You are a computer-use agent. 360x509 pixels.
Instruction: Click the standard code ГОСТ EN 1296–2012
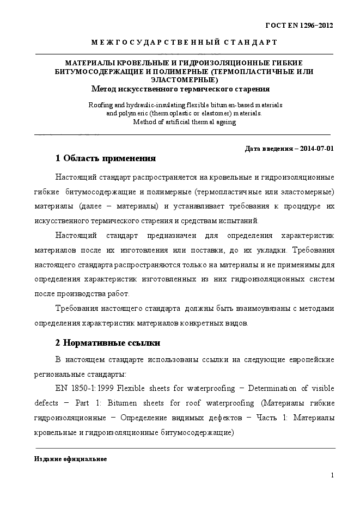pyautogui.click(x=298, y=25)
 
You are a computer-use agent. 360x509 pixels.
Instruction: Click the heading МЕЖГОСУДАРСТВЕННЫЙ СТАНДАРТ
pyautogui.click(x=184, y=42)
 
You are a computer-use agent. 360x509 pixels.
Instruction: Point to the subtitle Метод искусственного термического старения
pyautogui.click(x=180, y=88)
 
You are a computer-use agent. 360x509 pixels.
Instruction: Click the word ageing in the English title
pyautogui.click(x=224, y=122)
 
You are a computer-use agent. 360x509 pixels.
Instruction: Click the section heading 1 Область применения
pyautogui.click(x=106, y=159)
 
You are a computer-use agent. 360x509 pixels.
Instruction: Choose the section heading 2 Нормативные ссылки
pyautogui.click(x=108, y=343)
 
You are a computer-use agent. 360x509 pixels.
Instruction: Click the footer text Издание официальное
pyautogui.click(x=71, y=459)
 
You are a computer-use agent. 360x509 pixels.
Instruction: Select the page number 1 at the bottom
pyautogui.click(x=332, y=475)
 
